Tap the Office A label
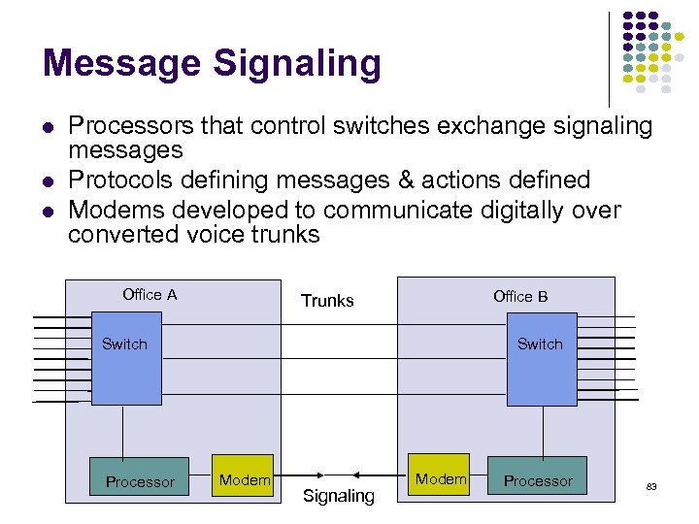click(x=150, y=295)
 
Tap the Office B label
click(x=520, y=296)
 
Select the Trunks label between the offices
click(x=327, y=301)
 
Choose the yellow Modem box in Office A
click(x=245, y=475)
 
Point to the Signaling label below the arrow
click(x=338, y=496)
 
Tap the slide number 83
click(x=652, y=485)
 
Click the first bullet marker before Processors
click(x=47, y=126)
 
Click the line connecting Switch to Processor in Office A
click(x=123, y=430)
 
